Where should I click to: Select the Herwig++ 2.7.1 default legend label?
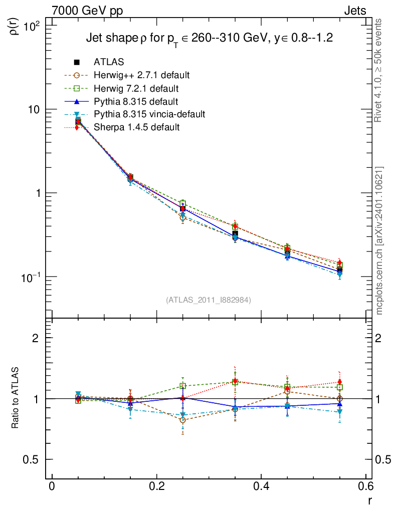coord(141,75)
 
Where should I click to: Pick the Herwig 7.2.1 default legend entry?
coord(136,88)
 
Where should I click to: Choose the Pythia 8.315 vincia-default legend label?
coord(149,114)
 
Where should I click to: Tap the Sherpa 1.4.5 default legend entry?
coord(136,127)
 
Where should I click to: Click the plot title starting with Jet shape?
coord(210,38)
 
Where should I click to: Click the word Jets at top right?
coord(354,11)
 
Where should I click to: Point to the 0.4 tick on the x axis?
coord(262,486)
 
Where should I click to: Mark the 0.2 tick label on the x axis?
coord(157,486)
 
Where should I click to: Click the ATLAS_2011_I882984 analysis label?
coord(209,300)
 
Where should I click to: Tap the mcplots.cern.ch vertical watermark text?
coord(379,240)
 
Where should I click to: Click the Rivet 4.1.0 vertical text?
coord(379,70)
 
